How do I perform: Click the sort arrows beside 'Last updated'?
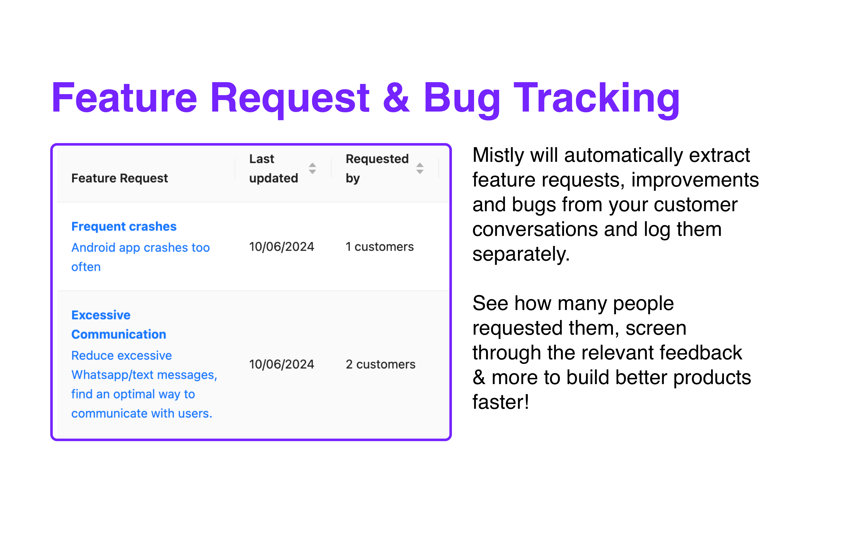(313, 168)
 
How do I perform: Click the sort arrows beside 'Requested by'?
(420, 168)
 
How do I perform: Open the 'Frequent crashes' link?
(124, 226)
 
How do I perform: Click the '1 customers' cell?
(380, 247)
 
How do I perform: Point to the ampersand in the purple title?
(396, 98)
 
